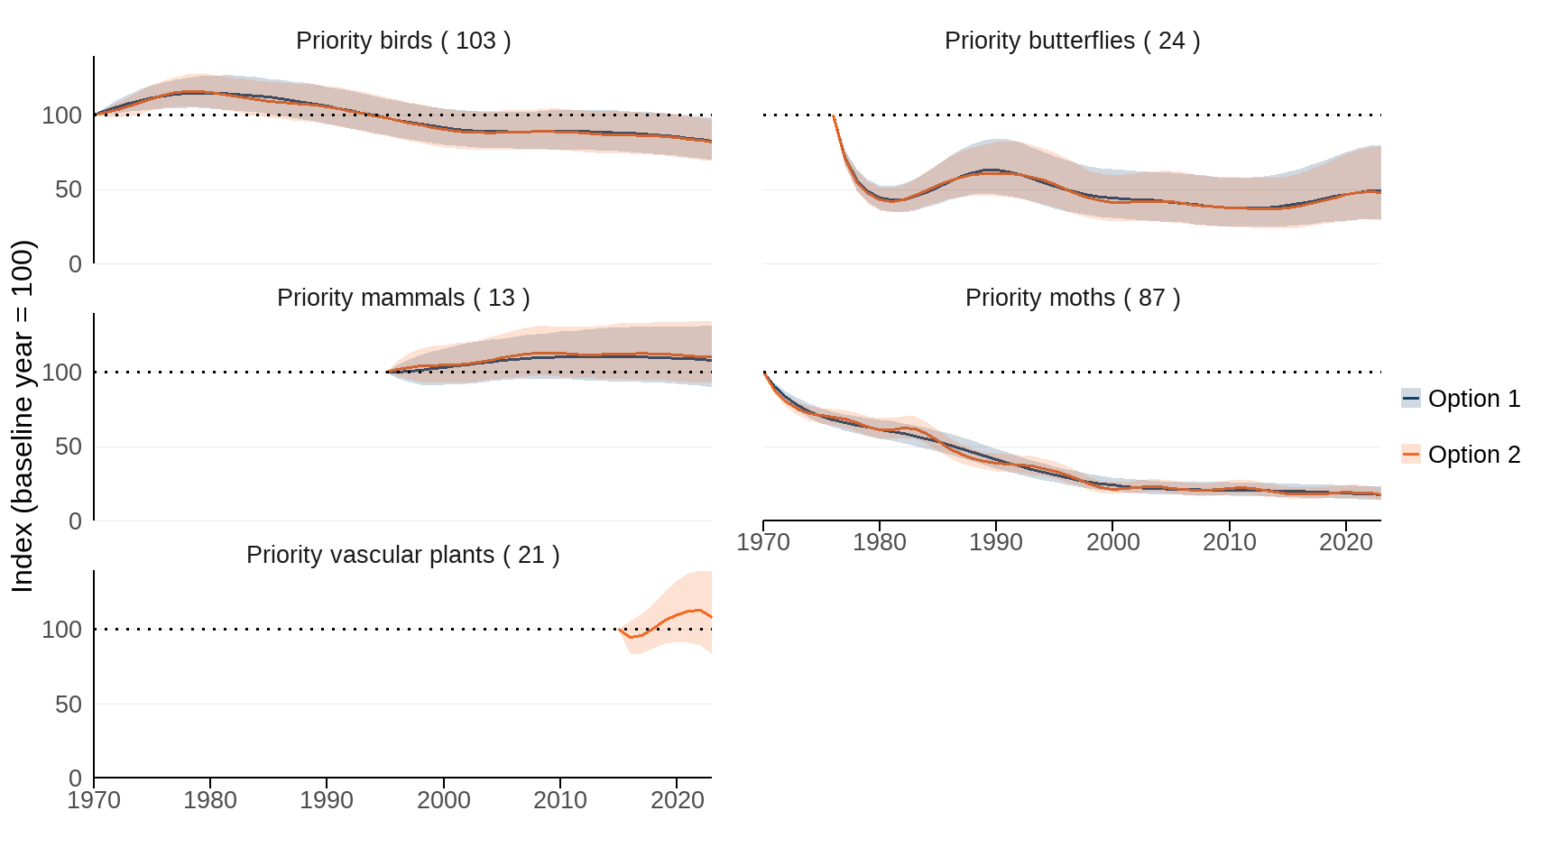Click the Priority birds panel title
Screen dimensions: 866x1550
coord(403,41)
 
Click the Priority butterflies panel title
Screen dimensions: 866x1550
coord(1072,41)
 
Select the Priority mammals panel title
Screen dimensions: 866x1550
coord(403,298)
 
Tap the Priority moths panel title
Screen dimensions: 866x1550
coord(1072,298)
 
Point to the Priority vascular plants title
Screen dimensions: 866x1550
coord(403,555)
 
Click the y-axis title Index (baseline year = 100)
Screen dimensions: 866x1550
coord(23,415)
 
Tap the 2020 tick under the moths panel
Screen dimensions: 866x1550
coord(1345,542)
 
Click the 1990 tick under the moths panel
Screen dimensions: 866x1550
coord(995,542)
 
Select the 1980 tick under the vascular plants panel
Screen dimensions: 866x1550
coord(209,800)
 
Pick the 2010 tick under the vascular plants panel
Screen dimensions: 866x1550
coord(559,800)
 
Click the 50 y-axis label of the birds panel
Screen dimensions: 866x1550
coord(69,189)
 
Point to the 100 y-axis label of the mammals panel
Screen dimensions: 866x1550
coord(61,373)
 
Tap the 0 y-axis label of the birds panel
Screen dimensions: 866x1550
coord(75,264)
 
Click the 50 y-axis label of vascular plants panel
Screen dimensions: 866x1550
coord(69,705)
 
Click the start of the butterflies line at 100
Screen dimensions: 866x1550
coord(834,116)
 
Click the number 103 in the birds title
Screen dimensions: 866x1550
coord(475,41)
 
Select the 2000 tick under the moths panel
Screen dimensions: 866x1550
coord(1112,542)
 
